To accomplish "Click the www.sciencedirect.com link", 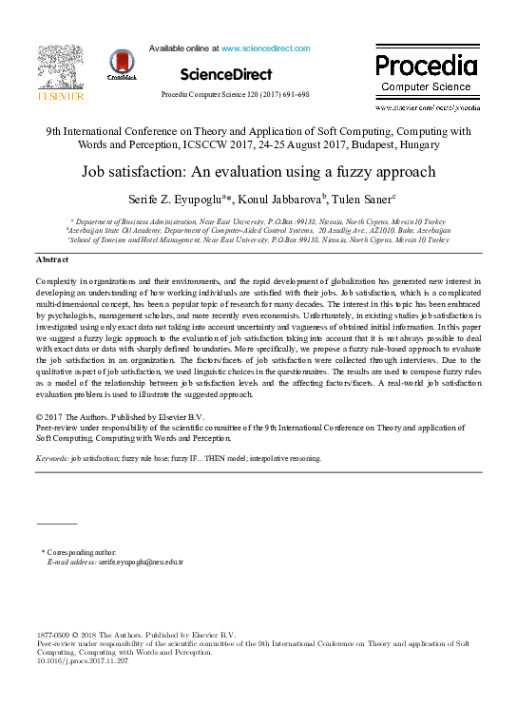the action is click(x=265, y=48).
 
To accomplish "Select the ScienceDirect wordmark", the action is click(x=225, y=74).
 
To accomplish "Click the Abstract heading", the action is click(x=51, y=259).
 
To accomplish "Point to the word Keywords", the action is click(x=53, y=458).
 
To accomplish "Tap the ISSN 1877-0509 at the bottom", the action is click(x=54, y=634).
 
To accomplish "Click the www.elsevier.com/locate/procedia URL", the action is click(x=428, y=108).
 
